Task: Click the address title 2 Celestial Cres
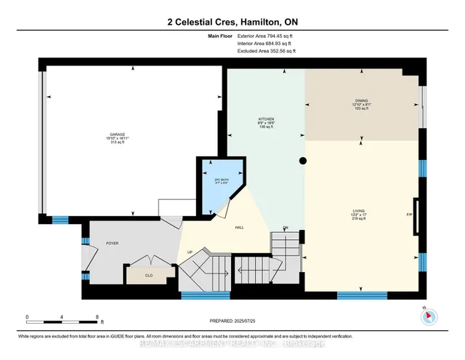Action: (x=232, y=23)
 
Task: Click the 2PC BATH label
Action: (x=211, y=180)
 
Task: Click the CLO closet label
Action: (x=149, y=276)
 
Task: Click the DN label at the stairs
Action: (x=286, y=228)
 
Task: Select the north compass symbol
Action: (x=429, y=316)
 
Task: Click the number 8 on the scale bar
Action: (x=97, y=317)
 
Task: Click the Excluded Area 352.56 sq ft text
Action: (x=267, y=52)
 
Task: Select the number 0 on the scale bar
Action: (x=27, y=317)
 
